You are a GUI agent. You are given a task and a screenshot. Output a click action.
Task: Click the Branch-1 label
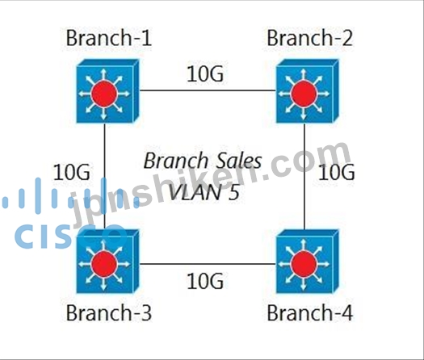tap(109, 38)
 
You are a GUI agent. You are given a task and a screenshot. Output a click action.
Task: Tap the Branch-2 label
tap(309, 38)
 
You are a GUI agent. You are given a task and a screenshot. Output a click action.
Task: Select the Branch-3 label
tap(109, 312)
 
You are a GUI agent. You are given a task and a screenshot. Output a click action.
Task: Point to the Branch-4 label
tap(309, 312)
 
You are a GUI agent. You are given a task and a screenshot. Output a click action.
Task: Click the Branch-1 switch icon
tap(107, 91)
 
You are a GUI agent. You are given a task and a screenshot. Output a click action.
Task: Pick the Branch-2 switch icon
tap(307, 91)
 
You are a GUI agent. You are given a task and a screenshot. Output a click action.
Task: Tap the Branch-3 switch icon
tap(107, 262)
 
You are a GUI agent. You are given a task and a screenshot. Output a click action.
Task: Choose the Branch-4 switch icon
tap(307, 262)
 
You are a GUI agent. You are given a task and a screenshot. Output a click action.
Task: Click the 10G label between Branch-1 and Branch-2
tap(205, 73)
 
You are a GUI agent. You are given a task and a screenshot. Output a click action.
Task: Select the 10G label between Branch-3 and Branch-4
tap(205, 281)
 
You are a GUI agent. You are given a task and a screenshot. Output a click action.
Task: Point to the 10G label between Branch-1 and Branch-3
tap(72, 172)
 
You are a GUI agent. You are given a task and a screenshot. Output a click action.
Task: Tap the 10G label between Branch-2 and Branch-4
tap(337, 172)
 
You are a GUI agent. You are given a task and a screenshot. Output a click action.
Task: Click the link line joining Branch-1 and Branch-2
tap(208, 90)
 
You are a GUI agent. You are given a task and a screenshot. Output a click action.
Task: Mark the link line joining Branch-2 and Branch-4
tap(304, 177)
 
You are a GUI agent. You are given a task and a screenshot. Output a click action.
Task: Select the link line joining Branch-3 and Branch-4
tap(208, 264)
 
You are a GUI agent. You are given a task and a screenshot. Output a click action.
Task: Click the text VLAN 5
tap(204, 192)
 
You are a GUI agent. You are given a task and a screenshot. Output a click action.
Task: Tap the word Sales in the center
tap(235, 161)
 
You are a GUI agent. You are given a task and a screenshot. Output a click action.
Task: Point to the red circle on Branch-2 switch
tap(304, 94)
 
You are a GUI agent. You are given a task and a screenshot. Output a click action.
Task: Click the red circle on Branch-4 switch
tap(304, 264)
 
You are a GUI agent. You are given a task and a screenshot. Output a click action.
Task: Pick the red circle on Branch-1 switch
tap(104, 94)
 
